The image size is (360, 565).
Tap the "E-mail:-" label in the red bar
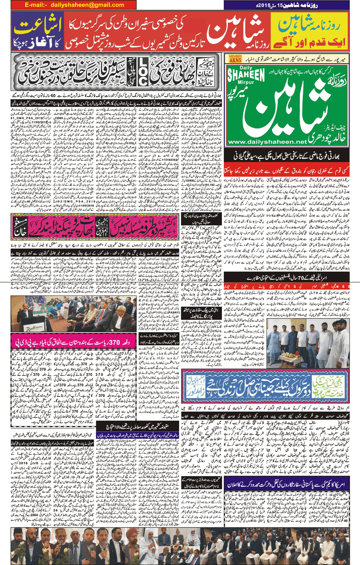[36, 5]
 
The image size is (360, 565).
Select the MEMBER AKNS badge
[235, 59]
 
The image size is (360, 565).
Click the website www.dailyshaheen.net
[266, 142]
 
